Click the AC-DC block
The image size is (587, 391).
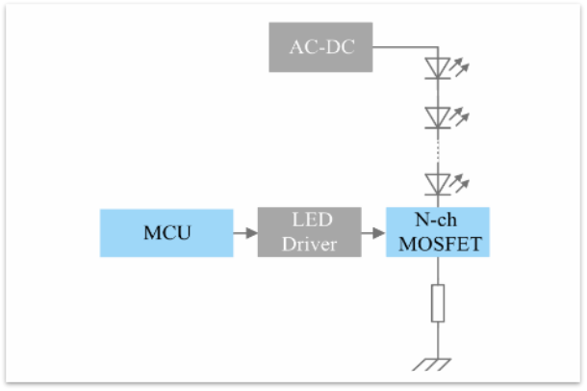coord(320,47)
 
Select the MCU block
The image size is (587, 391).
coord(166,232)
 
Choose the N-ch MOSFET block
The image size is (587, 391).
coord(438,232)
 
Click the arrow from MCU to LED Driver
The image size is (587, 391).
coord(245,232)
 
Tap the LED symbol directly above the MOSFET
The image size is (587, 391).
coord(438,182)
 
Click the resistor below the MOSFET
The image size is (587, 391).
coord(438,303)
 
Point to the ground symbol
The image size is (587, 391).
coord(438,364)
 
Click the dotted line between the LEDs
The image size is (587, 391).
coord(438,149)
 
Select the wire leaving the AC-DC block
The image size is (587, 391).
coord(404,47)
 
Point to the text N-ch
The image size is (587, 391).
coord(438,221)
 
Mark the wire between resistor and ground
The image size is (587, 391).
coord(438,339)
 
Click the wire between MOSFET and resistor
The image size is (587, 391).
coord(438,271)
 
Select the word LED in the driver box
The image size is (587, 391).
coord(306,221)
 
